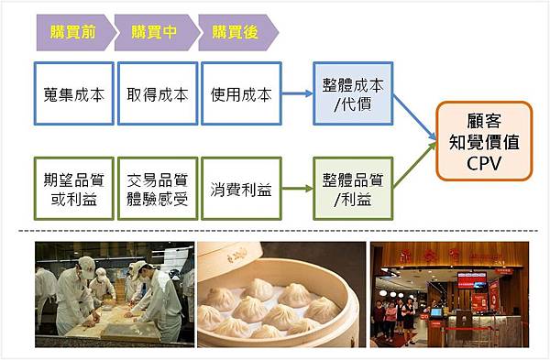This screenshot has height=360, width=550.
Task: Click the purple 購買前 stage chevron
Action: (72, 32)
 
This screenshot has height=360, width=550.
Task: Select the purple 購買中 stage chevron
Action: (155, 32)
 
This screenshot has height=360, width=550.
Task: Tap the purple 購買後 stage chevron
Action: (236, 32)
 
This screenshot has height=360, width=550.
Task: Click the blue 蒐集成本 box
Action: (73, 93)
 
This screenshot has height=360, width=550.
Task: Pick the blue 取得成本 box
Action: (157, 93)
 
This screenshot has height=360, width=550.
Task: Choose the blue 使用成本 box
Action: (240, 93)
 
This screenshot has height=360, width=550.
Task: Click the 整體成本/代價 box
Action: (353, 93)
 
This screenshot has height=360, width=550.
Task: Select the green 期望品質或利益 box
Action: (73, 189)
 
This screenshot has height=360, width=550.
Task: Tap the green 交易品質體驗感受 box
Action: (157, 189)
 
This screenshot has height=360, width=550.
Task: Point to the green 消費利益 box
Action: (240, 189)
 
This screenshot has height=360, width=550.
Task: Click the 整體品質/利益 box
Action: (353, 189)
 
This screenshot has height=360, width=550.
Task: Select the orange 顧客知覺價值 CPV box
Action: (484, 140)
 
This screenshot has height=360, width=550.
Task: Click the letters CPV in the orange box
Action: (484, 162)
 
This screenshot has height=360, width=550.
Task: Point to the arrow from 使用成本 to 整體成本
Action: (296, 93)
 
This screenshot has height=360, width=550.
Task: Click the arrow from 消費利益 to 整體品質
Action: (296, 189)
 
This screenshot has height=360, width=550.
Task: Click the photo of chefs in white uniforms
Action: (115, 292)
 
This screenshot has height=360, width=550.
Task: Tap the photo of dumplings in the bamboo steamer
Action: (281, 292)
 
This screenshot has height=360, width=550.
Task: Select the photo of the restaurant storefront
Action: (449, 292)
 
